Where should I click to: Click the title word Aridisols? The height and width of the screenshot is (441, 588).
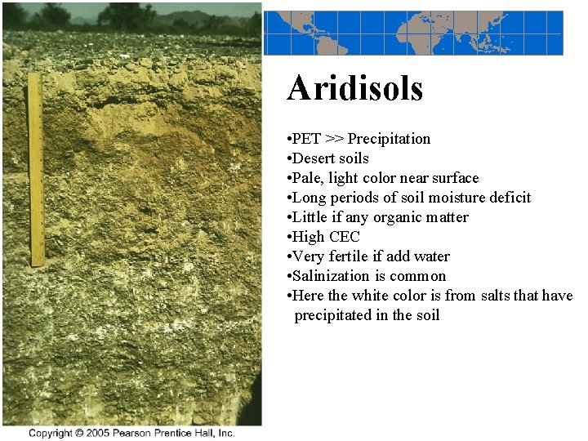pos(354,88)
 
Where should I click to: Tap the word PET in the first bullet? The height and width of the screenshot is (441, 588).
pos(306,139)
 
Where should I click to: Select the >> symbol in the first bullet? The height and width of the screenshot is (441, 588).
pos(334,139)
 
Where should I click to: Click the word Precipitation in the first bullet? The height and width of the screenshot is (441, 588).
pos(389,139)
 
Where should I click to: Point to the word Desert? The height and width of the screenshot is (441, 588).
pos(314,158)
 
